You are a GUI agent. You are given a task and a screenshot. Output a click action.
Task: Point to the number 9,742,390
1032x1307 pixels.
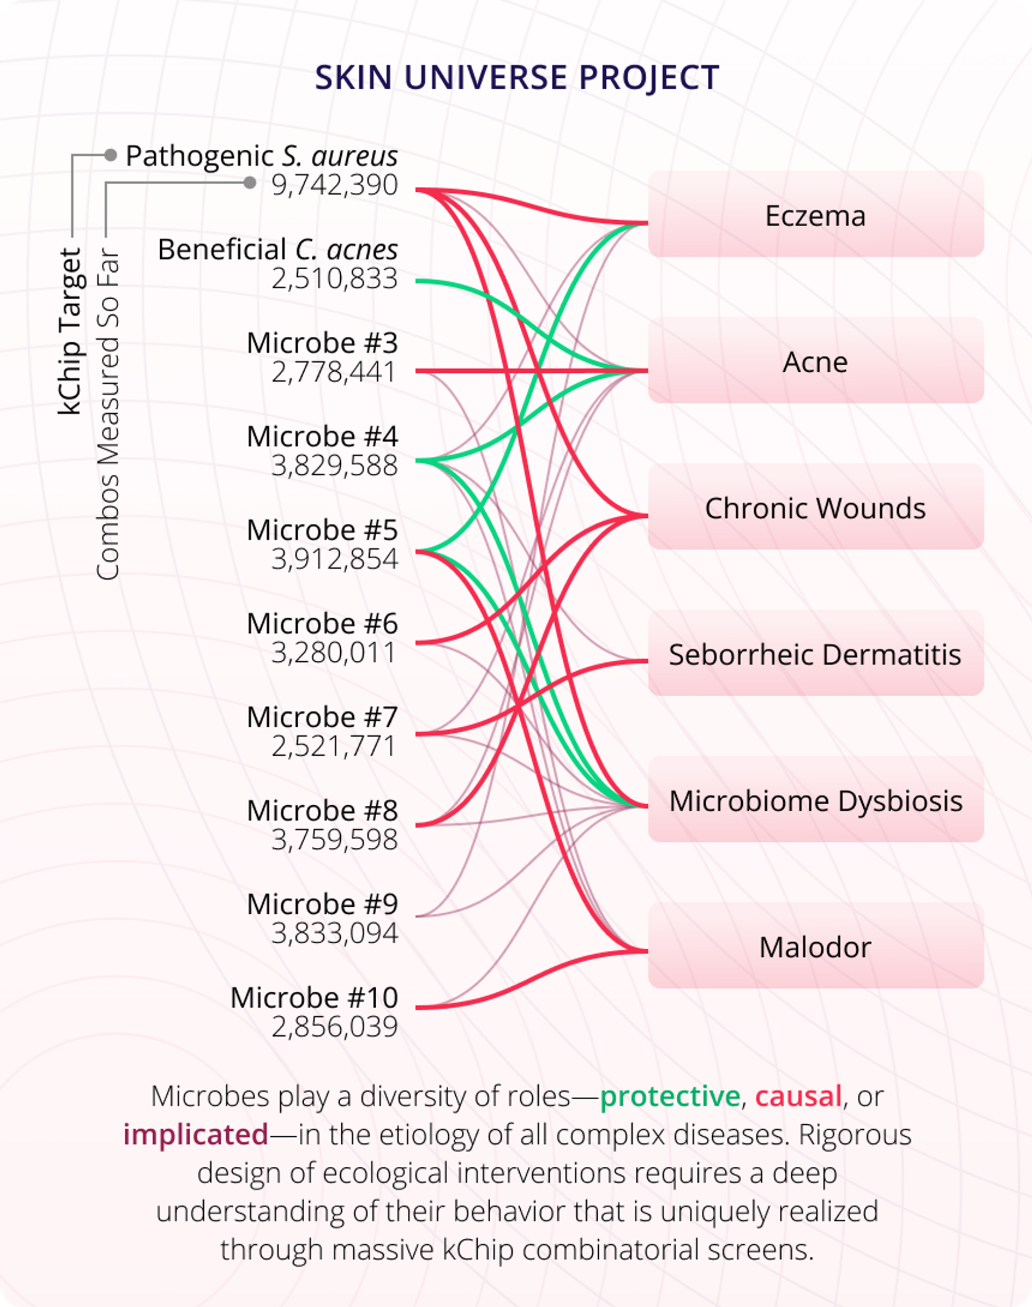[335, 185]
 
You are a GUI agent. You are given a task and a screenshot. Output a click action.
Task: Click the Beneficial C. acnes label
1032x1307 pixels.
[277, 249]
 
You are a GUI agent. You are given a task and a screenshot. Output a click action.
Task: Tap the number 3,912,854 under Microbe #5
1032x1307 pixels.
[335, 559]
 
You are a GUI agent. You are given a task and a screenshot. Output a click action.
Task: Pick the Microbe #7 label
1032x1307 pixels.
[322, 717]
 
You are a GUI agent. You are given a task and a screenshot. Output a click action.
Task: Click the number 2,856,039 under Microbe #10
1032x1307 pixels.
[335, 1026]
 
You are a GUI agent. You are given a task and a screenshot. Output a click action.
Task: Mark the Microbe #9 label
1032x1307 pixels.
[322, 904]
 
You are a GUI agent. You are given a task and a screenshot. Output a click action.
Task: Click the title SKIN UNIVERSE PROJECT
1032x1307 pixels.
[517, 77]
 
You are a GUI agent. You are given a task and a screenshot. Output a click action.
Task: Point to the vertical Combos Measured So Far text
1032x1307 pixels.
[108, 414]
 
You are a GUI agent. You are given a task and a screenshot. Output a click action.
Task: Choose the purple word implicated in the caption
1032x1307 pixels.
[196, 1134]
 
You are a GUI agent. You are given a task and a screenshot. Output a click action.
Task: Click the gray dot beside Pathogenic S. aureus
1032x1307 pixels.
[110, 155]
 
